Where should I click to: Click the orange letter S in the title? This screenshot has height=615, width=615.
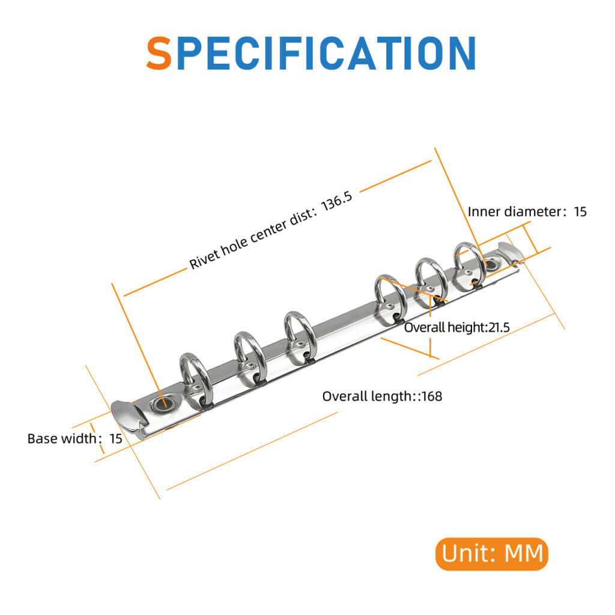(159, 53)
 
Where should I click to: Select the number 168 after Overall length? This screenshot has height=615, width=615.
(432, 396)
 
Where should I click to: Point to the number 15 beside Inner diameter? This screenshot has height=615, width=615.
(580, 211)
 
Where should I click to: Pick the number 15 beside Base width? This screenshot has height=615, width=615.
(115, 438)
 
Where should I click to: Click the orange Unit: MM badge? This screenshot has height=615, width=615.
(492, 553)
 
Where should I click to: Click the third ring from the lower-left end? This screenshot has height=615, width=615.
(300, 333)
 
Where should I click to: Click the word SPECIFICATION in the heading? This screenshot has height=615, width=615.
(311, 53)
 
